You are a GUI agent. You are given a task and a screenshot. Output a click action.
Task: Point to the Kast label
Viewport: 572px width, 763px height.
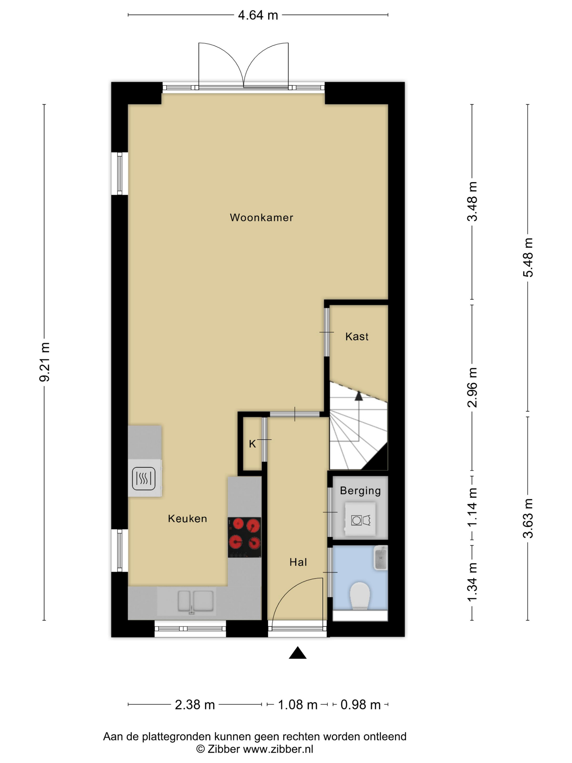[x=357, y=336]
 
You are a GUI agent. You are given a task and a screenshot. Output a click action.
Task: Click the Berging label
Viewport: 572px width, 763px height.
[x=360, y=491]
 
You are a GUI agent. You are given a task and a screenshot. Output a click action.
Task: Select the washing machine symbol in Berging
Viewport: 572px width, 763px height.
[x=360, y=519]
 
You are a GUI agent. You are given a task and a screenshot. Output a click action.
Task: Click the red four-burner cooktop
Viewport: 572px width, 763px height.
[x=244, y=537]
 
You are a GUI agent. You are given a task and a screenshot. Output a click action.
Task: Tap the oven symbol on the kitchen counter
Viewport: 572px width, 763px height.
[x=144, y=479]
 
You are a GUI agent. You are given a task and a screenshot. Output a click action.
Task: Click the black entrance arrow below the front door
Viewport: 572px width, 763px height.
[x=297, y=653]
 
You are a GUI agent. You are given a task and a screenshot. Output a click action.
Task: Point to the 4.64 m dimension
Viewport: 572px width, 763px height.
[x=258, y=15]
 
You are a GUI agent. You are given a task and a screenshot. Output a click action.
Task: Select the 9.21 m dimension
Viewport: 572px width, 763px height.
[x=44, y=362]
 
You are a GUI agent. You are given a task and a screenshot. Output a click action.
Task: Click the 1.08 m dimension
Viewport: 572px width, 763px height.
[x=297, y=705]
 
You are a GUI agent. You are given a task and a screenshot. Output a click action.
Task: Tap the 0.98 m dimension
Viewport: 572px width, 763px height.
[x=361, y=705]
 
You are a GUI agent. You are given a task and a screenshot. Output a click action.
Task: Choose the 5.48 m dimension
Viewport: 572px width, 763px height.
[x=528, y=257]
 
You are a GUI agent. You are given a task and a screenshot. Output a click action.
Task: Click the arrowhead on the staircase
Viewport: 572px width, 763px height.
[x=359, y=396]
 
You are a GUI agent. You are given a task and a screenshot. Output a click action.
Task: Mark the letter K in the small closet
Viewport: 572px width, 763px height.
[x=252, y=444]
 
